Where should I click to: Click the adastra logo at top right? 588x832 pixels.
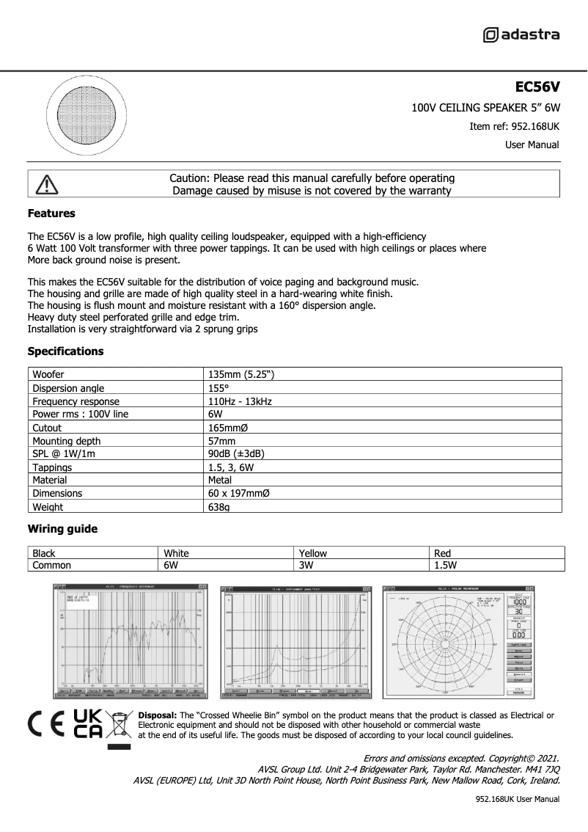(521, 34)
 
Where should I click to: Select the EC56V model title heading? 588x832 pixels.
(537, 87)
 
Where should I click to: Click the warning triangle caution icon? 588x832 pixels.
(45, 184)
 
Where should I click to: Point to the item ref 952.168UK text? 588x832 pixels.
(514, 126)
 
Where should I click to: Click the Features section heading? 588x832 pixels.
(51, 214)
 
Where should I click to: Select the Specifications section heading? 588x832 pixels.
(65, 351)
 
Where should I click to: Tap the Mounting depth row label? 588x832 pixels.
(67, 441)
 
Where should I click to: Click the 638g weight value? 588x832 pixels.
(219, 507)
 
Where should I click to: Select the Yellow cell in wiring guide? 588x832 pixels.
(313, 553)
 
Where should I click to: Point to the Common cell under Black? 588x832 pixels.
(51, 566)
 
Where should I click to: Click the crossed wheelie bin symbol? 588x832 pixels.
(119, 724)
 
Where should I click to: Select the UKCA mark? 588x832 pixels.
(87, 723)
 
